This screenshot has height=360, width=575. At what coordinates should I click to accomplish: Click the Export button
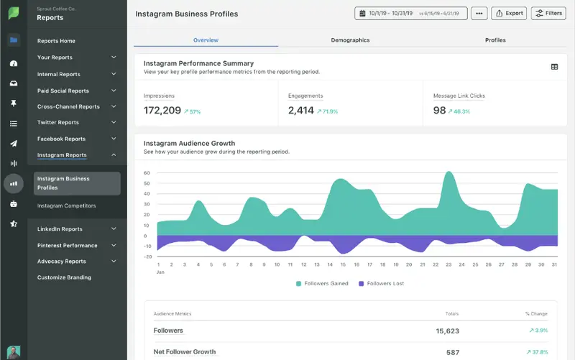[508, 13]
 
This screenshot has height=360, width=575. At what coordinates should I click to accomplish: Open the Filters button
[548, 13]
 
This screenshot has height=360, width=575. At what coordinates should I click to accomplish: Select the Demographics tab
[350, 40]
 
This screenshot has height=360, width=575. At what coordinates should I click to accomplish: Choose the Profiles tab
[495, 40]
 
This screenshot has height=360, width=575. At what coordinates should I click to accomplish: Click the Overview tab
[206, 40]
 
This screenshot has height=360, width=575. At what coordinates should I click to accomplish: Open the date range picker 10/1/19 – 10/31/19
[410, 13]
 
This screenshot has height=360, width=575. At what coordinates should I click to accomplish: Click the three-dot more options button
[479, 13]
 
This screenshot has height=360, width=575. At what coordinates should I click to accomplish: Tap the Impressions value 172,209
[162, 111]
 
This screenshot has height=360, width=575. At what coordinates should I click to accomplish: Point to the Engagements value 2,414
[301, 111]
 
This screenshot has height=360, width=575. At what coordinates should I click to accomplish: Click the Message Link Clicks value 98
[440, 111]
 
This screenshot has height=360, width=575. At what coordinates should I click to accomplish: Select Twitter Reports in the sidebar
[58, 123]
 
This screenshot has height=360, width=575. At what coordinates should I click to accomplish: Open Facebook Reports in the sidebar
[61, 139]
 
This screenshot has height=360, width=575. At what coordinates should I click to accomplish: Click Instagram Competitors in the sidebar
[66, 206]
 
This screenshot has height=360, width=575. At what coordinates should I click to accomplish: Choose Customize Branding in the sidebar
[64, 277]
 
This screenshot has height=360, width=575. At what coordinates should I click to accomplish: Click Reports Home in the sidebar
[56, 41]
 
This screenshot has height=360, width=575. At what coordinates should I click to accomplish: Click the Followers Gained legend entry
[322, 284]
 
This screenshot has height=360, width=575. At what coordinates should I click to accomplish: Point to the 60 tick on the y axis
[147, 173]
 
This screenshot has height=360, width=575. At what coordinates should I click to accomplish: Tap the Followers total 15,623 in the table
[447, 331]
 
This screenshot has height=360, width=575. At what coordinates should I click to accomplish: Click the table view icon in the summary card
[554, 67]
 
